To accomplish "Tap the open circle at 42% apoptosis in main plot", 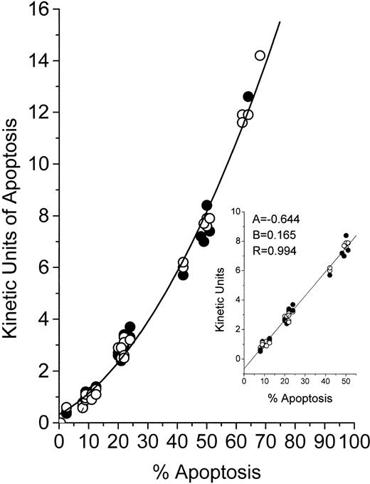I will [183, 263].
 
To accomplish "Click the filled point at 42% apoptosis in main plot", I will [183, 274].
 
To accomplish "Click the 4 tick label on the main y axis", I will [44, 319].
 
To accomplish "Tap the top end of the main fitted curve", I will [280, 21].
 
